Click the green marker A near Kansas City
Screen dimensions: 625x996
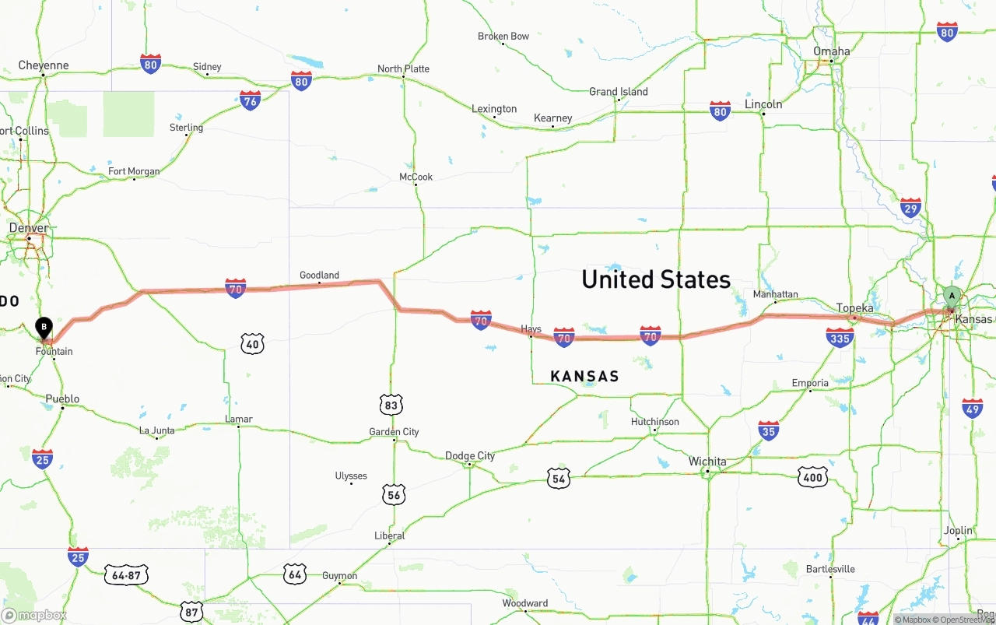(x=952, y=297)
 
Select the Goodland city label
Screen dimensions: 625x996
(x=319, y=275)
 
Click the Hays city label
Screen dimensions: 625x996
(x=531, y=329)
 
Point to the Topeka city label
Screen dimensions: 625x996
(x=854, y=308)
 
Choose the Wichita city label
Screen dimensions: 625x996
(x=707, y=462)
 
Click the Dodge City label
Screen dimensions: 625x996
(x=469, y=456)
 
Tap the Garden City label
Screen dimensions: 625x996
(x=394, y=432)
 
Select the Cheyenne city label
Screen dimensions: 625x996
(x=44, y=65)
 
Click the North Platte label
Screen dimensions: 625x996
(x=403, y=68)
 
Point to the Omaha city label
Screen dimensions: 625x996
(x=831, y=51)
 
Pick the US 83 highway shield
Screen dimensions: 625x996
(x=391, y=405)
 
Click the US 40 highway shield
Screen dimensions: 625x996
(x=252, y=343)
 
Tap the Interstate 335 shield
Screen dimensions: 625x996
(x=840, y=337)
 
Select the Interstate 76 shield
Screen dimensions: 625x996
(x=250, y=100)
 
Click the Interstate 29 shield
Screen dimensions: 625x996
(x=910, y=207)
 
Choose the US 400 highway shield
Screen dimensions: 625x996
(x=812, y=477)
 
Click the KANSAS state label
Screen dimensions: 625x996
(x=584, y=377)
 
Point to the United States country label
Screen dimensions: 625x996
(x=656, y=279)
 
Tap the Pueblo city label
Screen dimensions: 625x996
(x=62, y=399)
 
